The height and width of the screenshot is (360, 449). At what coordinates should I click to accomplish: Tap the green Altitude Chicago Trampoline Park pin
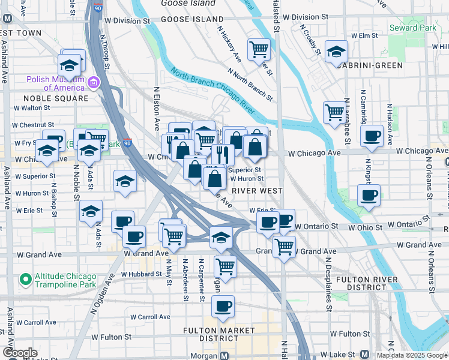click(25, 279)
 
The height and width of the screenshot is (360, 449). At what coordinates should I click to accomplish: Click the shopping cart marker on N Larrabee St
click(334, 112)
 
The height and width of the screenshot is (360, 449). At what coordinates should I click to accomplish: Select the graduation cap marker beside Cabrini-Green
click(336, 52)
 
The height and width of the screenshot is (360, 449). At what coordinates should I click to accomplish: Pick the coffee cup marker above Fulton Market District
click(223, 307)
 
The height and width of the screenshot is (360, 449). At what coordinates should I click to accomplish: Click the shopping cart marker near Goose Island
click(259, 49)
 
